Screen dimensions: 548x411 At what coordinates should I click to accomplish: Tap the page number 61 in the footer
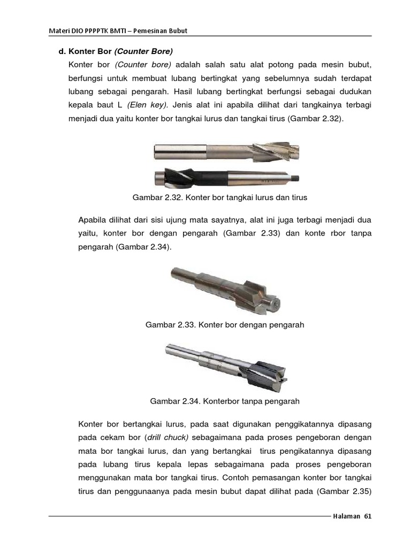coord(367,517)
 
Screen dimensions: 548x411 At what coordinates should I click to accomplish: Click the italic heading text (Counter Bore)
coord(143,52)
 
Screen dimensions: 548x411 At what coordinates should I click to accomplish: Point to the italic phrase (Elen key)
coord(148,105)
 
